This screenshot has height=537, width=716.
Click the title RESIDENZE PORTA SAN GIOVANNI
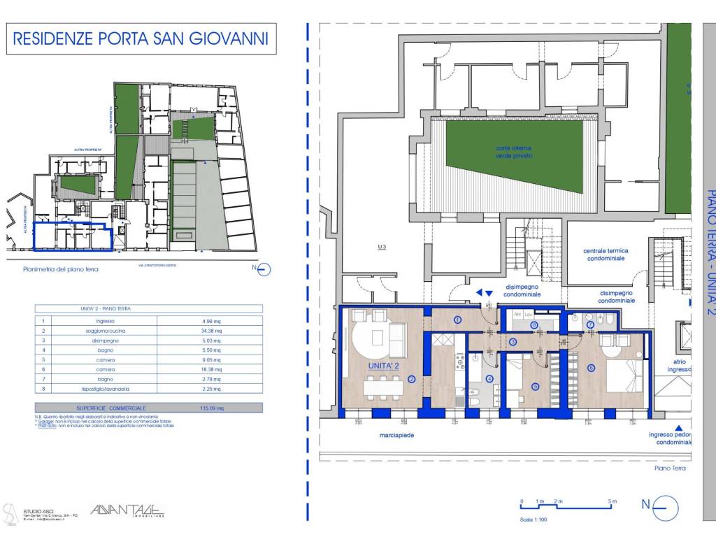coord(141,38)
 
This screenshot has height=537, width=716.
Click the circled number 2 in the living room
coord(412,380)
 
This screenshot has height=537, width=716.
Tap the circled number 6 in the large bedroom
coord(592,368)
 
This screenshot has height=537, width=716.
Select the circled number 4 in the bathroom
coord(489,380)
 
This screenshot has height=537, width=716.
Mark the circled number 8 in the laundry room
coord(535,325)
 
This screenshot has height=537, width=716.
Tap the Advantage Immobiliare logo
coord(124,512)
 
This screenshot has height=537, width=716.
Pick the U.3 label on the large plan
coord(381,247)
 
